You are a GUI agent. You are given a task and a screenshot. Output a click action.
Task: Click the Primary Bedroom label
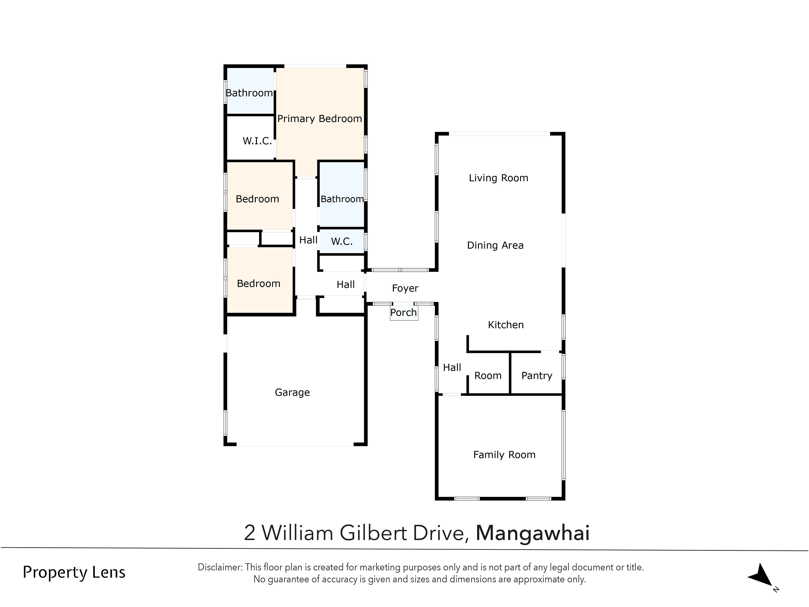coord(319,119)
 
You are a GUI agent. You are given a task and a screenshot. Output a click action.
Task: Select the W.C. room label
coord(342,241)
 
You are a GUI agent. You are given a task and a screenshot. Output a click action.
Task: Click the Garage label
coord(292,393)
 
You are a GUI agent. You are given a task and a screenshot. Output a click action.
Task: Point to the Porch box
coord(403,313)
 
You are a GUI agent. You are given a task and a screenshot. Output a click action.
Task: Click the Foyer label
coord(405,288)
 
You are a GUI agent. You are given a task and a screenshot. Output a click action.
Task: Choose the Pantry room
coord(537,376)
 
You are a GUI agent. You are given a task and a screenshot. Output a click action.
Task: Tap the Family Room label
coord(504,455)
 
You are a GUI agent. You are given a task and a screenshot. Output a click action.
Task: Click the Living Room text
coord(498,178)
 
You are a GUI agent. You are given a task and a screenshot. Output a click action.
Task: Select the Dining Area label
coord(495,245)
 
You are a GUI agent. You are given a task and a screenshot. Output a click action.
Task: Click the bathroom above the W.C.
coord(342,199)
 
